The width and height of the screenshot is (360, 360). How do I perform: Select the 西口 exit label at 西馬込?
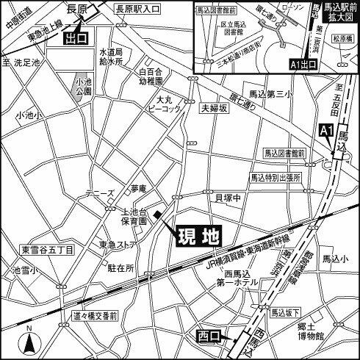tap(209, 336)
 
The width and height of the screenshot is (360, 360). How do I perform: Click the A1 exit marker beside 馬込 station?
tap(328, 130)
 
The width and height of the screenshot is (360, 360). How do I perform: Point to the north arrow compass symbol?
tap(28, 339)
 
